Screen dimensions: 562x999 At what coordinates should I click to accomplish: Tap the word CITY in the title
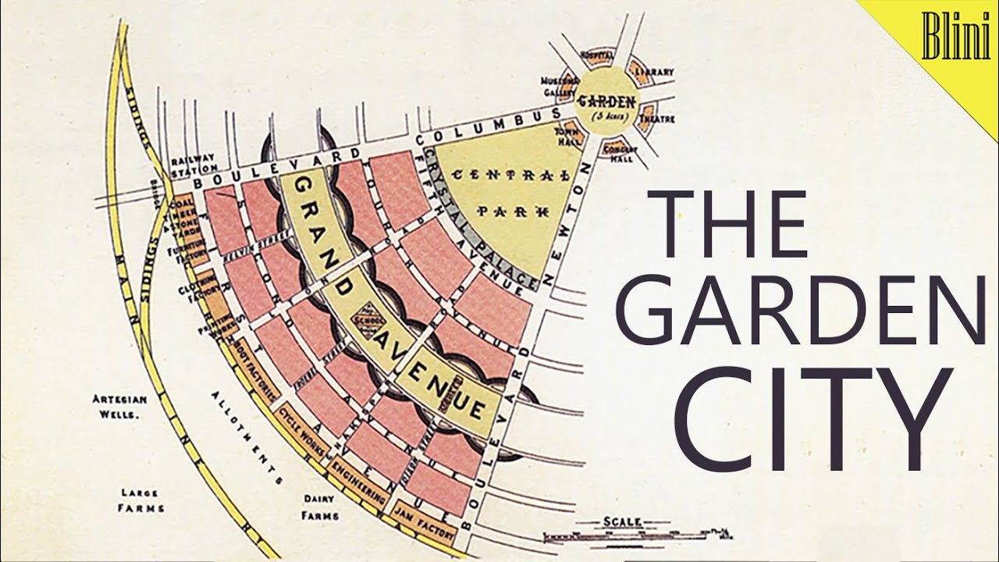coord(812,421)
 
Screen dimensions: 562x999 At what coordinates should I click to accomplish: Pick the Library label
coord(654,72)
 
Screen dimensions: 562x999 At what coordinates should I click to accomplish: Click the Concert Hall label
coord(622,153)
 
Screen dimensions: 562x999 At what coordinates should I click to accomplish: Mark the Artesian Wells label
coord(116,406)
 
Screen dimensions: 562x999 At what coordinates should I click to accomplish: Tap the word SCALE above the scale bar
coord(622,521)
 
